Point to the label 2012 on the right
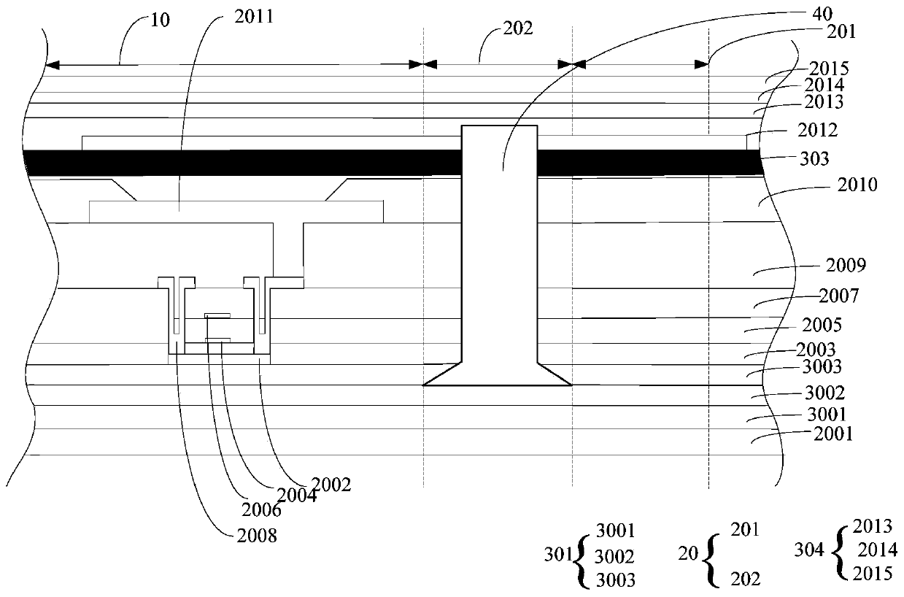(x=818, y=131)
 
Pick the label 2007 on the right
(x=838, y=296)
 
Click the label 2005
(x=822, y=324)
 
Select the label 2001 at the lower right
(x=832, y=435)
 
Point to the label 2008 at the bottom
(x=256, y=536)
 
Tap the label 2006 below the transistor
(x=260, y=509)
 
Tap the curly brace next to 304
(x=839, y=550)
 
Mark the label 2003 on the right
(x=815, y=350)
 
